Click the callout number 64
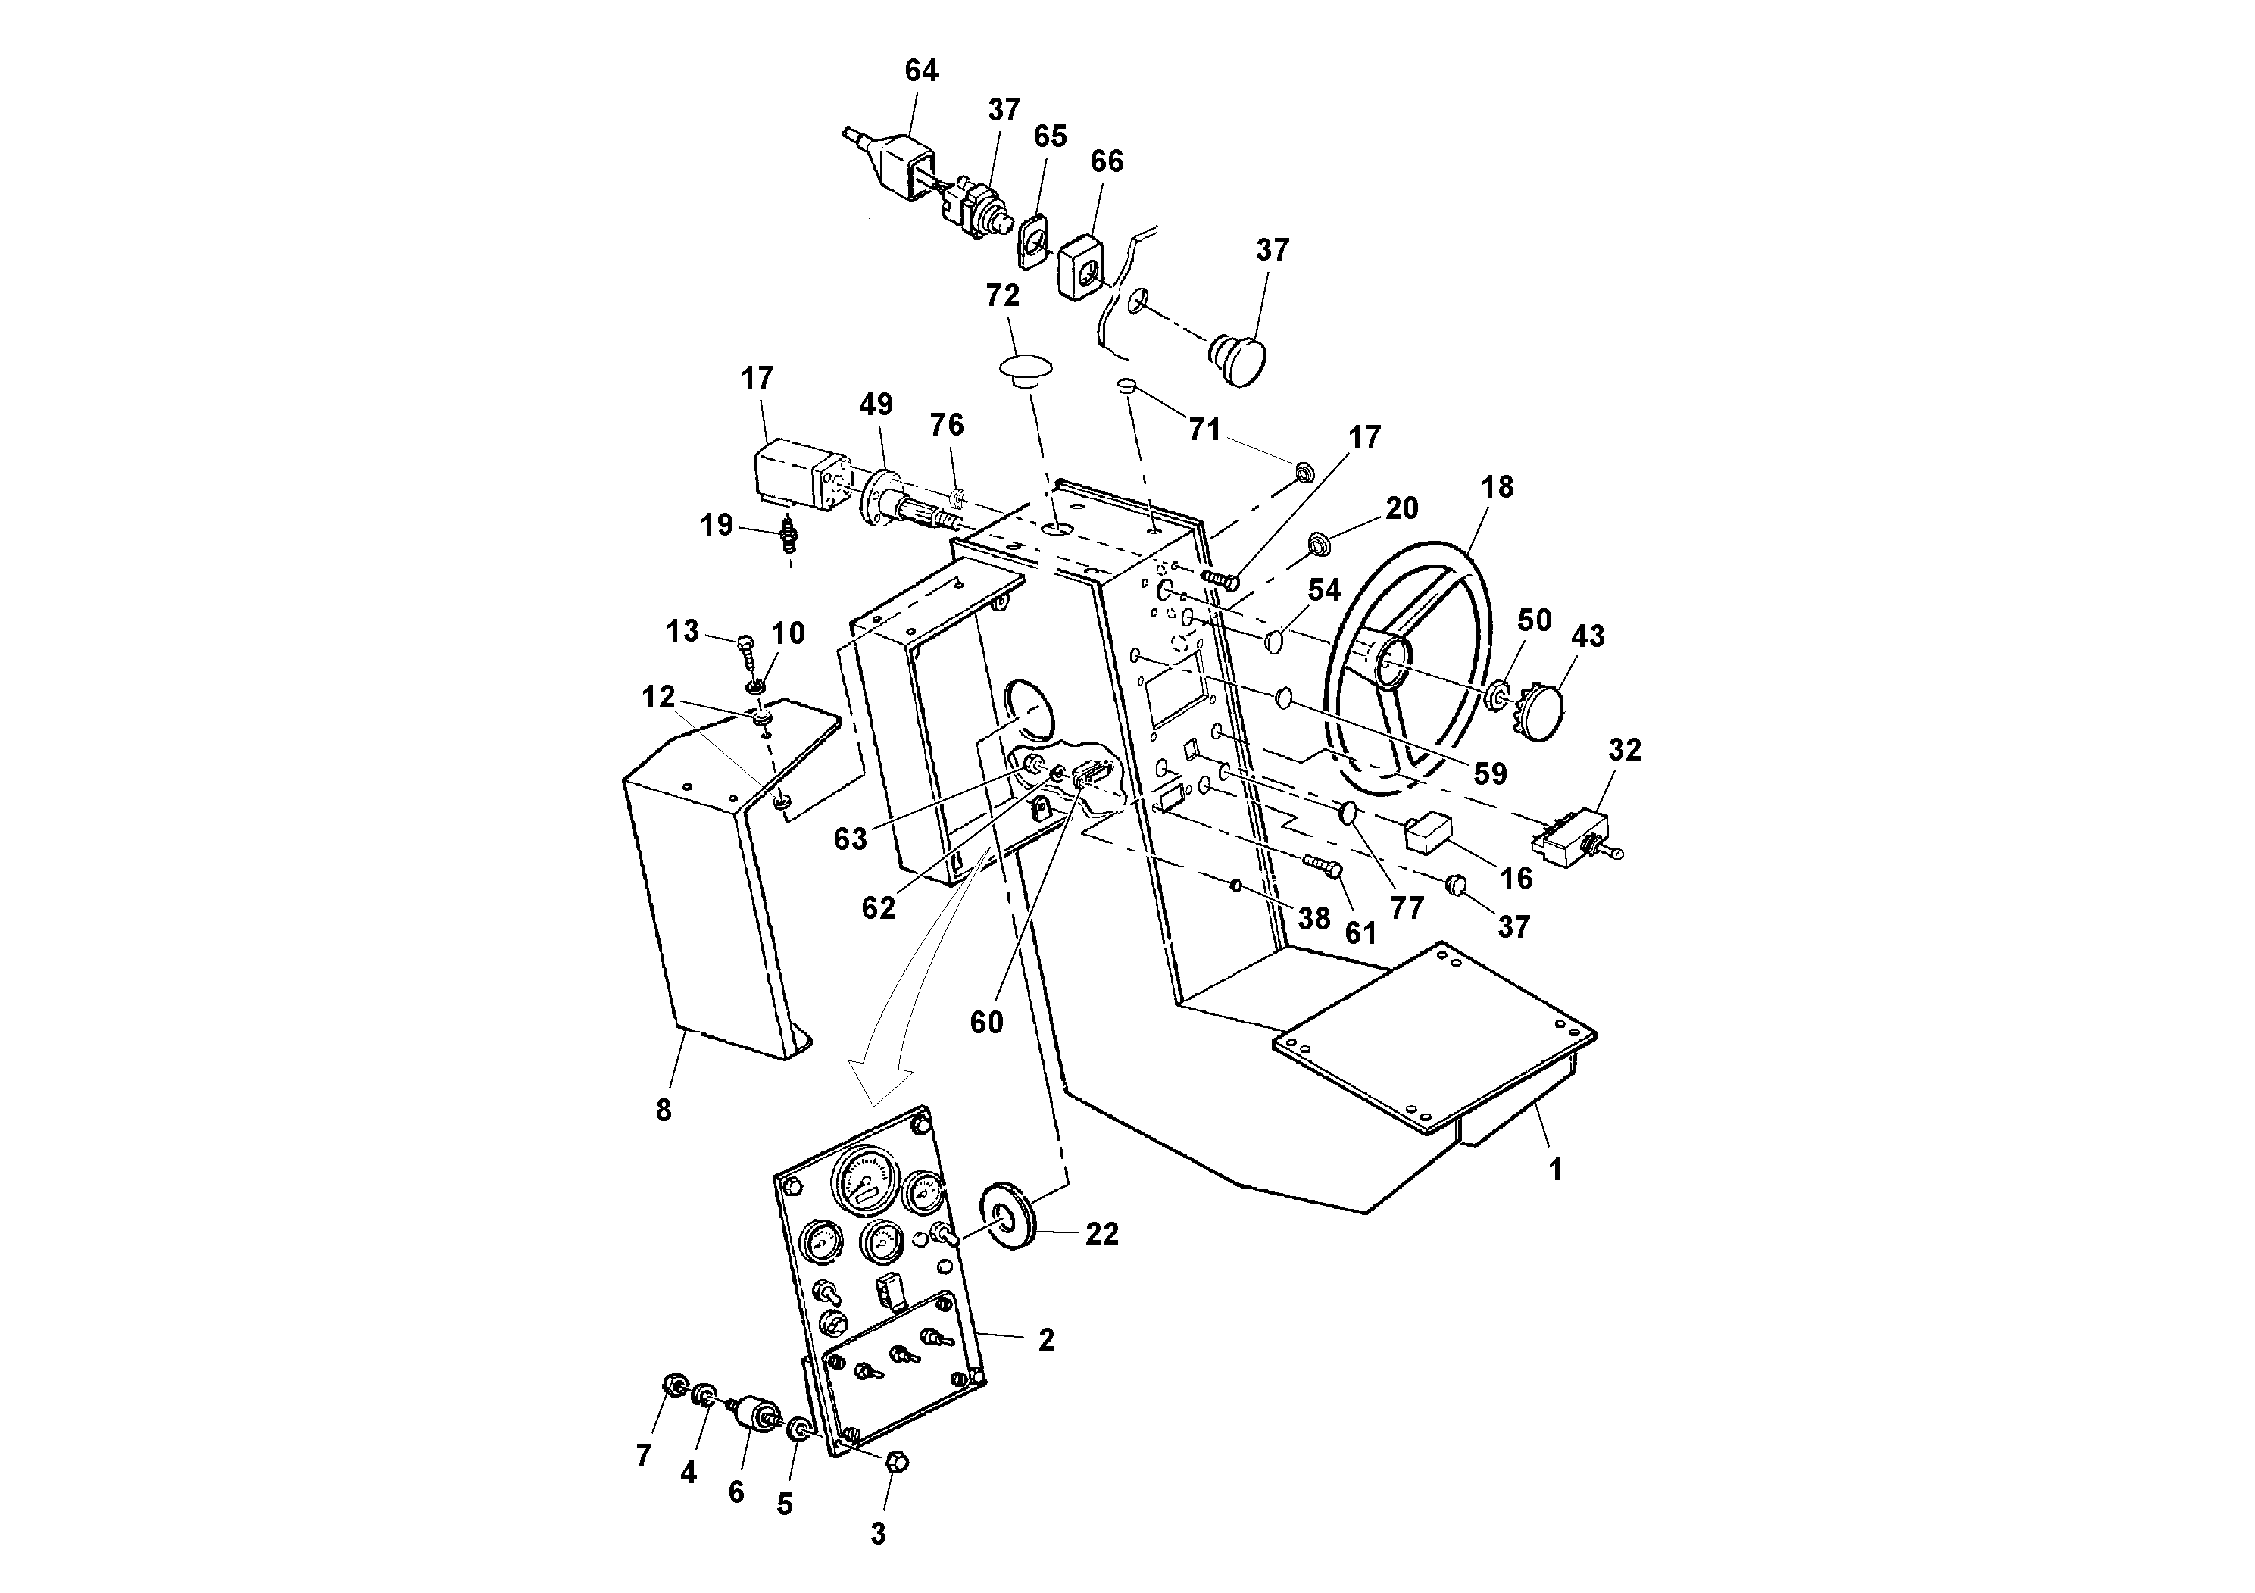coord(920,70)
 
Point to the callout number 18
coord(1497,487)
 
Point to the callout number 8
coord(664,1110)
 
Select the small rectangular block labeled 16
coord(1429,831)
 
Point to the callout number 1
coord(1555,1170)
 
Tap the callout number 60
coord(986,1023)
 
